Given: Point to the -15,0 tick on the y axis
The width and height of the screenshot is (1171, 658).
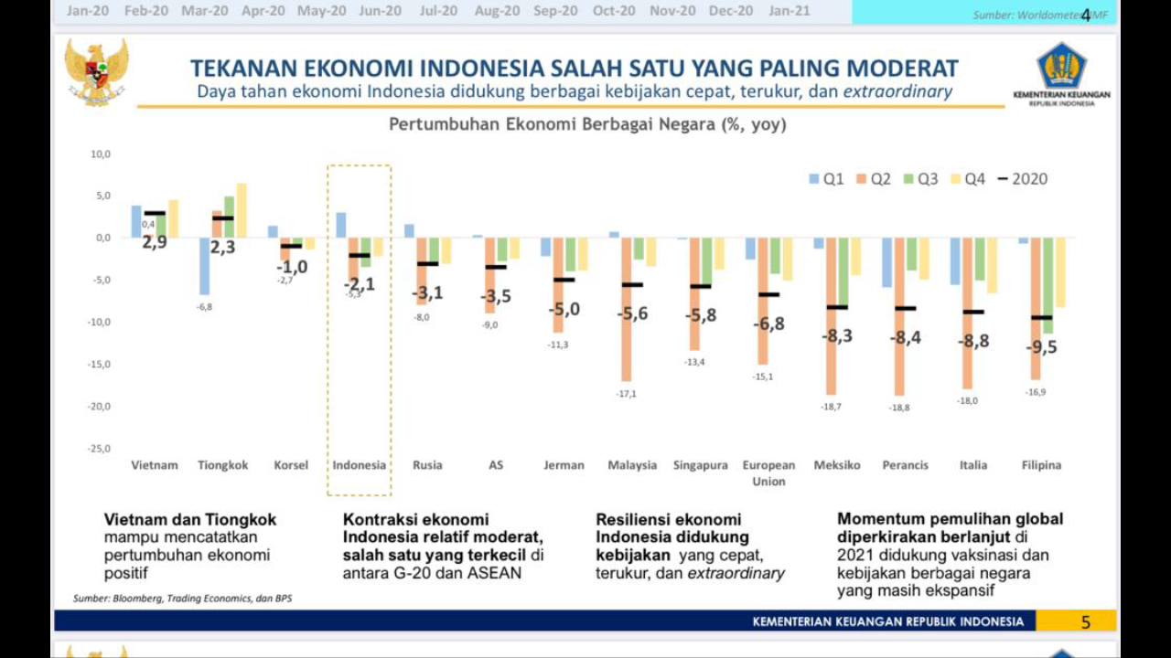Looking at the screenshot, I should (x=99, y=364).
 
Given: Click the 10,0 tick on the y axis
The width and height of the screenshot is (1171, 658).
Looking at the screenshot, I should (x=100, y=154).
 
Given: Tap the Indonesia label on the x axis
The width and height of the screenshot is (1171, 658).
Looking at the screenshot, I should (x=359, y=465).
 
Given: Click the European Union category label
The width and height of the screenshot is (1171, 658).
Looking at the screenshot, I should (x=768, y=472).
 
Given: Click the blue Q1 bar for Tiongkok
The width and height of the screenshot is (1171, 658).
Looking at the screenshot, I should (x=205, y=266).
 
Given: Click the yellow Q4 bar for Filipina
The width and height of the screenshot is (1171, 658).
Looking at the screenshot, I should (x=1059, y=272).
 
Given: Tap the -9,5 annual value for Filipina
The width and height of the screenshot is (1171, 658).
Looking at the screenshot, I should (x=1041, y=346).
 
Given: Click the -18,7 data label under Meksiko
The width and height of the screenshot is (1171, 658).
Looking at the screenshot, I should (x=831, y=406).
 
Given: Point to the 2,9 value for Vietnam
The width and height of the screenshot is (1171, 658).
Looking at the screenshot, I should (x=155, y=242).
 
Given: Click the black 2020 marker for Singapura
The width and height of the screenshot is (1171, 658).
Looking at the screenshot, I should (x=700, y=286).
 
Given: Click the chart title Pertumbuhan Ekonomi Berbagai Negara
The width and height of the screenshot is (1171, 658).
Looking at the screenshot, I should (x=586, y=124).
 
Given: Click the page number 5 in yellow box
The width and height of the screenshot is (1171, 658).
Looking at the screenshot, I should (x=1086, y=621).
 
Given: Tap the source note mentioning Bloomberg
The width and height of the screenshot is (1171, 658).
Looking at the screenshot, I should (x=182, y=599).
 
